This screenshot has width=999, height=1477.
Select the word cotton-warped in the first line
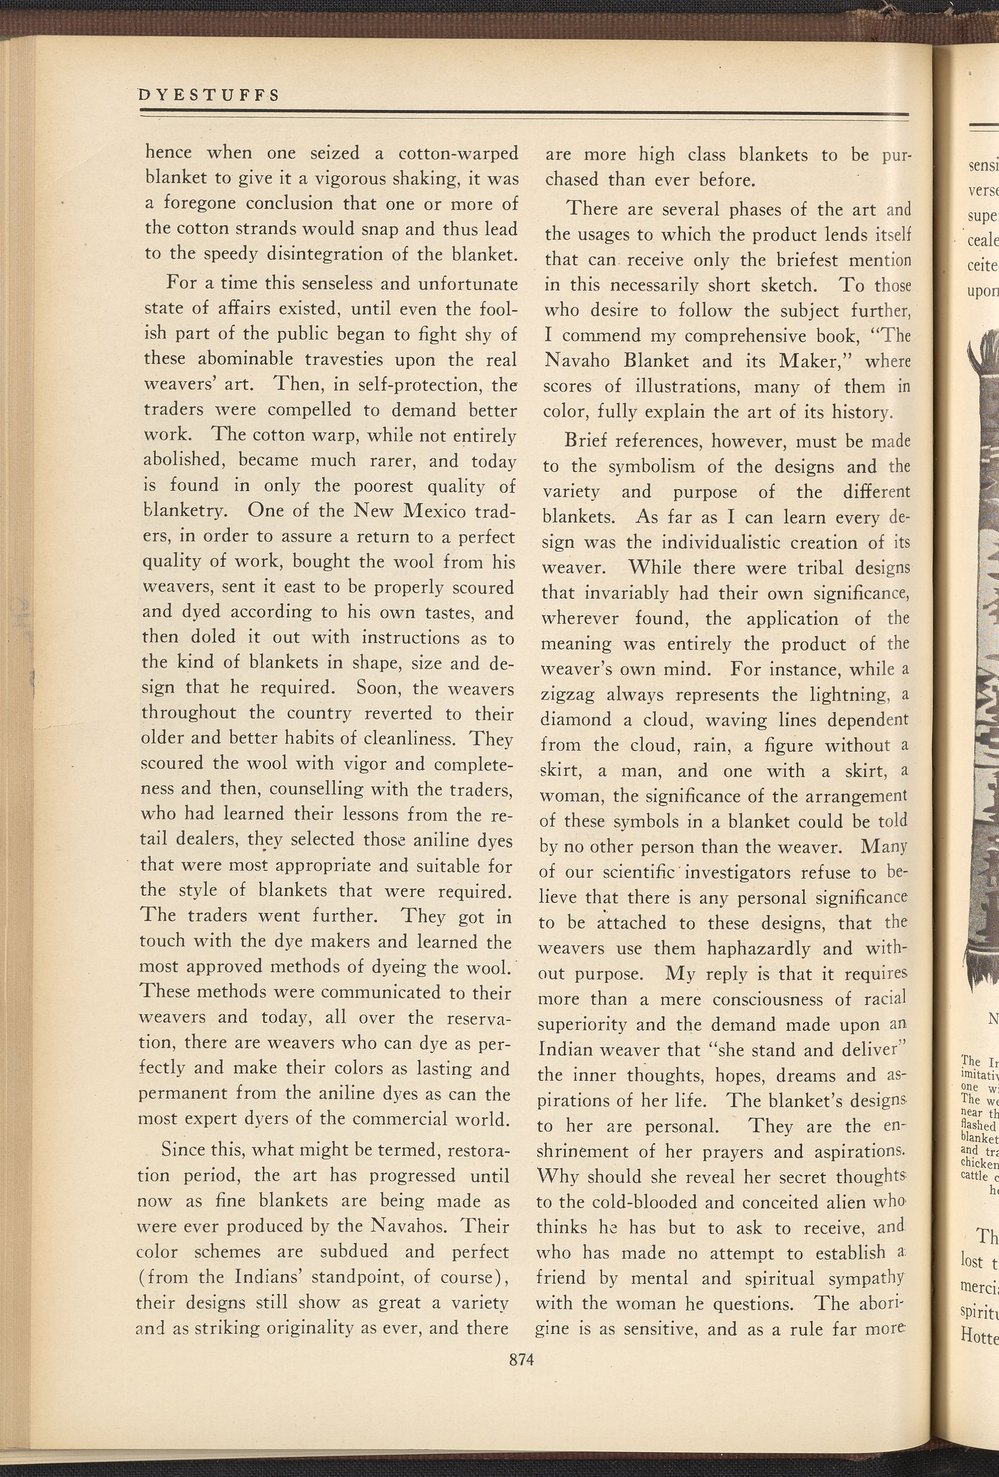coord(458,154)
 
